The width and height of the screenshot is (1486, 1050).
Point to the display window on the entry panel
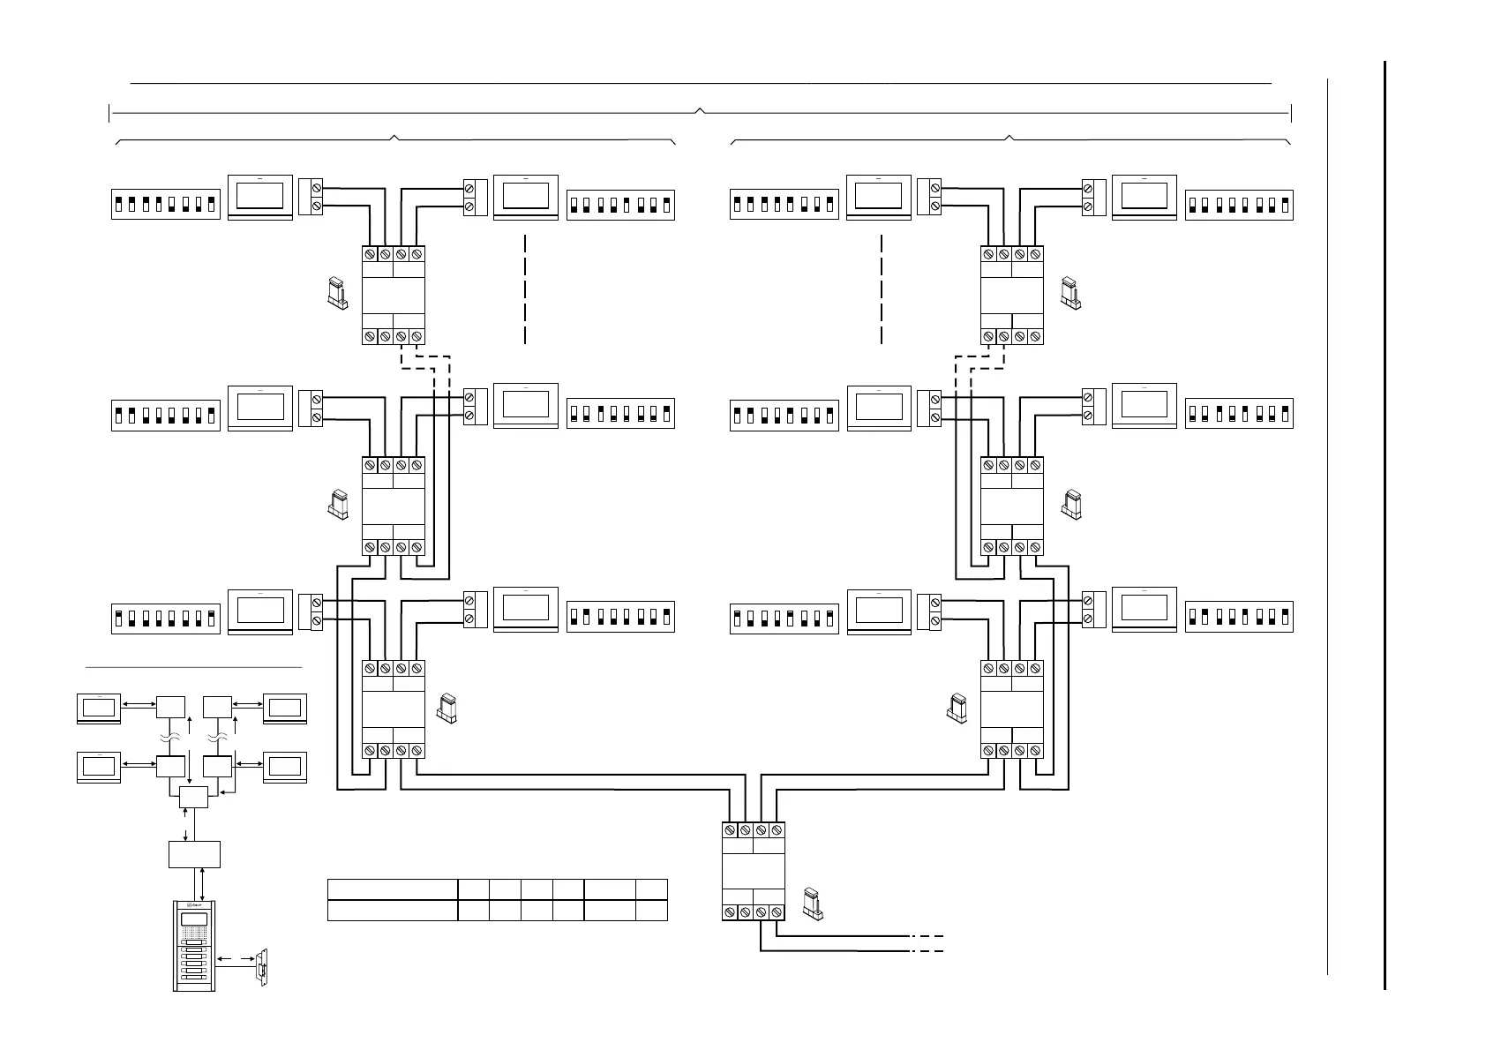click(x=194, y=921)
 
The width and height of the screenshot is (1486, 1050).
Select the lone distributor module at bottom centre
click(x=753, y=871)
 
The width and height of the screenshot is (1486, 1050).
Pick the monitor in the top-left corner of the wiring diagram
click(x=260, y=198)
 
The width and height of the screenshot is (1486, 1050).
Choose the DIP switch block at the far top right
click(x=1239, y=204)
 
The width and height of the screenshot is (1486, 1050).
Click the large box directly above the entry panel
click(x=194, y=854)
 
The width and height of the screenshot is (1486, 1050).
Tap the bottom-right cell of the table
click(x=651, y=910)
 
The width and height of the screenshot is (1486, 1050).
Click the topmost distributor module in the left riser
click(x=394, y=295)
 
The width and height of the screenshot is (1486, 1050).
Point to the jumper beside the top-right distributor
click(x=1070, y=293)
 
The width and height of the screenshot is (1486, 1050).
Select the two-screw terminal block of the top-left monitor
click(x=311, y=197)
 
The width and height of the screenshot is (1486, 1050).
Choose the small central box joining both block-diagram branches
click(x=193, y=797)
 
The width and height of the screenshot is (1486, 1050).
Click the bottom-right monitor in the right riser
click(x=1145, y=610)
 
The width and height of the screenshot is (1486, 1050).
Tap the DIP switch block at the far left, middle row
click(x=165, y=414)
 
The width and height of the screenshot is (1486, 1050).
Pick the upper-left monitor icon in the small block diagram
click(x=99, y=709)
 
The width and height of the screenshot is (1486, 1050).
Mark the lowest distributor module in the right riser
click(x=1012, y=709)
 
